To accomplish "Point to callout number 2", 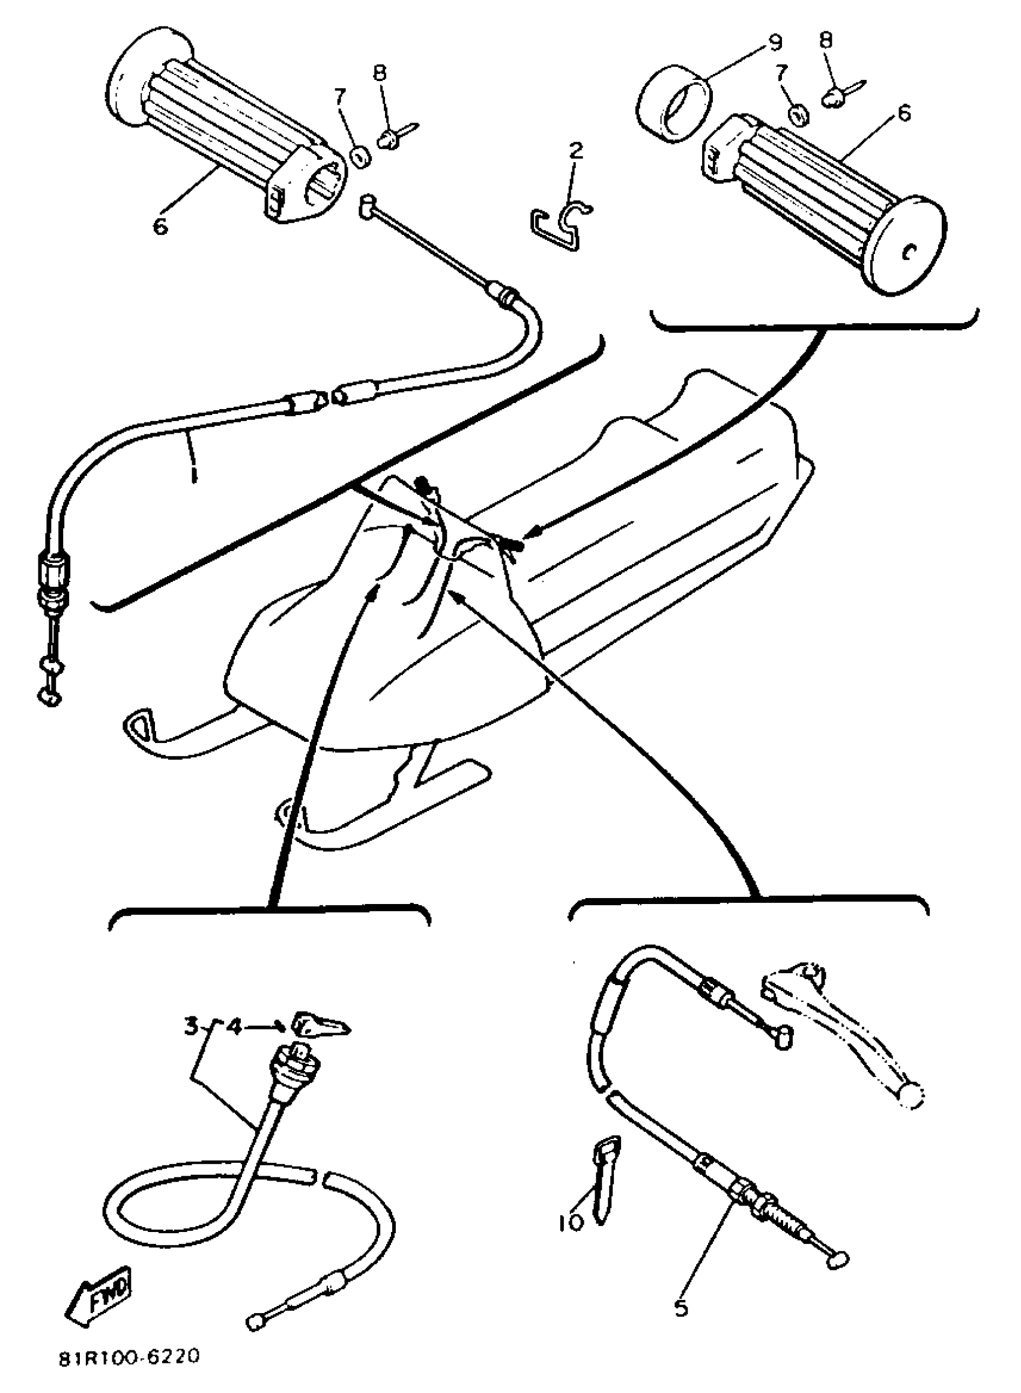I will [575, 150].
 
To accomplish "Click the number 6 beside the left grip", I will [161, 227].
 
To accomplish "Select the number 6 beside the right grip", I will [904, 113].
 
